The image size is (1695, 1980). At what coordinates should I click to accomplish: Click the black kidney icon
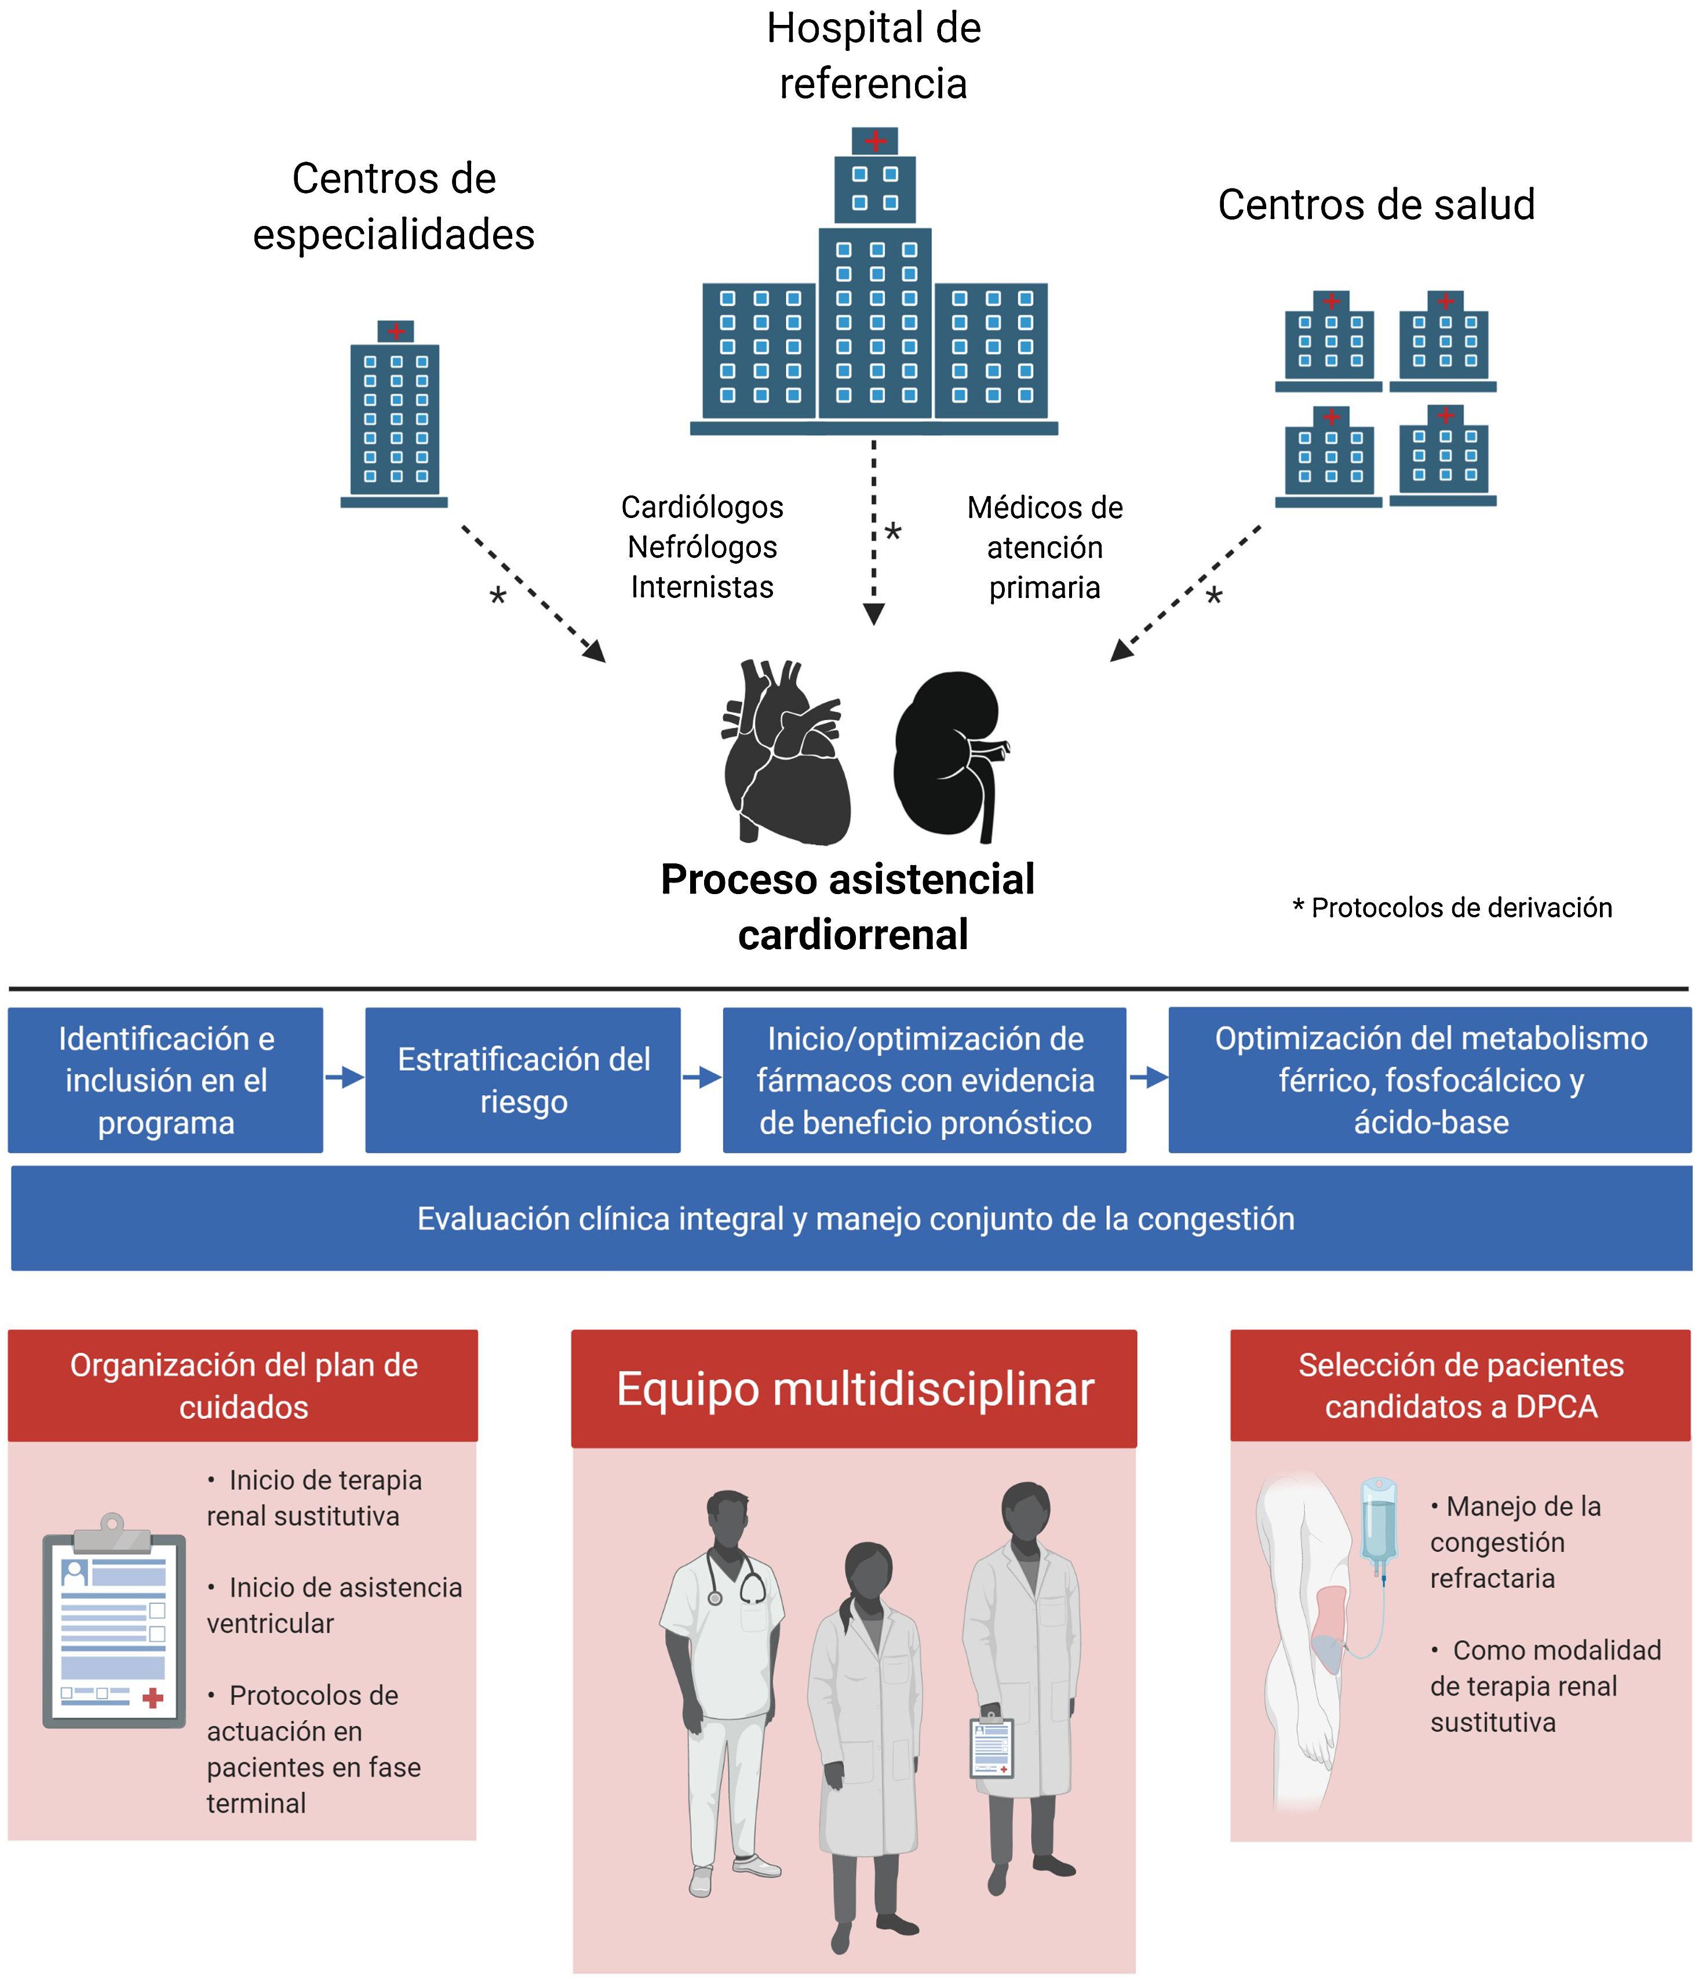946,755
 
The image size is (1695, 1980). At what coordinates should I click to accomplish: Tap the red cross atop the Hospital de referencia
875,141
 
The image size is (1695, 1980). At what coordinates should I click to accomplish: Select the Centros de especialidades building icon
395,415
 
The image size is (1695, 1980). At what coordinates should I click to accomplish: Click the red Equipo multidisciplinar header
854,1388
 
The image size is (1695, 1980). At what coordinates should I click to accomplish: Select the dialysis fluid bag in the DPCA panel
1379,1519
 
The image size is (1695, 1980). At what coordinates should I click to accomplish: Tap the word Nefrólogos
702,546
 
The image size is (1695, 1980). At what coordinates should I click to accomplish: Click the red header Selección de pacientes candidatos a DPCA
1460,1385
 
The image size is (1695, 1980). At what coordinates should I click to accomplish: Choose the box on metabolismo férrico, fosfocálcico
1430,1080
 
